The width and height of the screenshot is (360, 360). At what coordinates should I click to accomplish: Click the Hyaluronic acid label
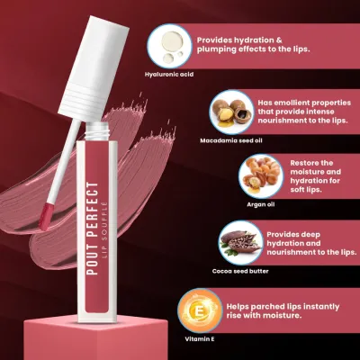click(x=169, y=74)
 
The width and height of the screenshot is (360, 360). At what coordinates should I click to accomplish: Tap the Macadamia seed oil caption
click(x=231, y=140)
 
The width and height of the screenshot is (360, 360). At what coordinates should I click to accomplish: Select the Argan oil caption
click(x=260, y=204)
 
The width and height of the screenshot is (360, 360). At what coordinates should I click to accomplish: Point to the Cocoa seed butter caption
click(x=240, y=271)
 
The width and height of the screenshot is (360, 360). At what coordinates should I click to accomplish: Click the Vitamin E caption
click(x=200, y=339)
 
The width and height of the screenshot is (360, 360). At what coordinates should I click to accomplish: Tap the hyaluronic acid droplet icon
click(x=169, y=46)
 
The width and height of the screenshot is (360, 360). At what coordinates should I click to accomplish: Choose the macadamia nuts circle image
click(x=231, y=112)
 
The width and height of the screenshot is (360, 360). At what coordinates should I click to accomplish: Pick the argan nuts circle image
click(x=261, y=176)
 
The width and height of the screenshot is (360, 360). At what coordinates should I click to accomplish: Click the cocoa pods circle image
click(x=240, y=243)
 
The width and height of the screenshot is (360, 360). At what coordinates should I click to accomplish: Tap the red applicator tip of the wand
click(x=46, y=216)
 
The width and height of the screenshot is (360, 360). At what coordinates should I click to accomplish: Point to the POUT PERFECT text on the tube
click(x=93, y=229)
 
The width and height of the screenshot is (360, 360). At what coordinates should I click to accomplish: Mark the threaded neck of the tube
click(x=95, y=130)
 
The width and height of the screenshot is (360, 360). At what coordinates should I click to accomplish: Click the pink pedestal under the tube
click(x=95, y=339)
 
